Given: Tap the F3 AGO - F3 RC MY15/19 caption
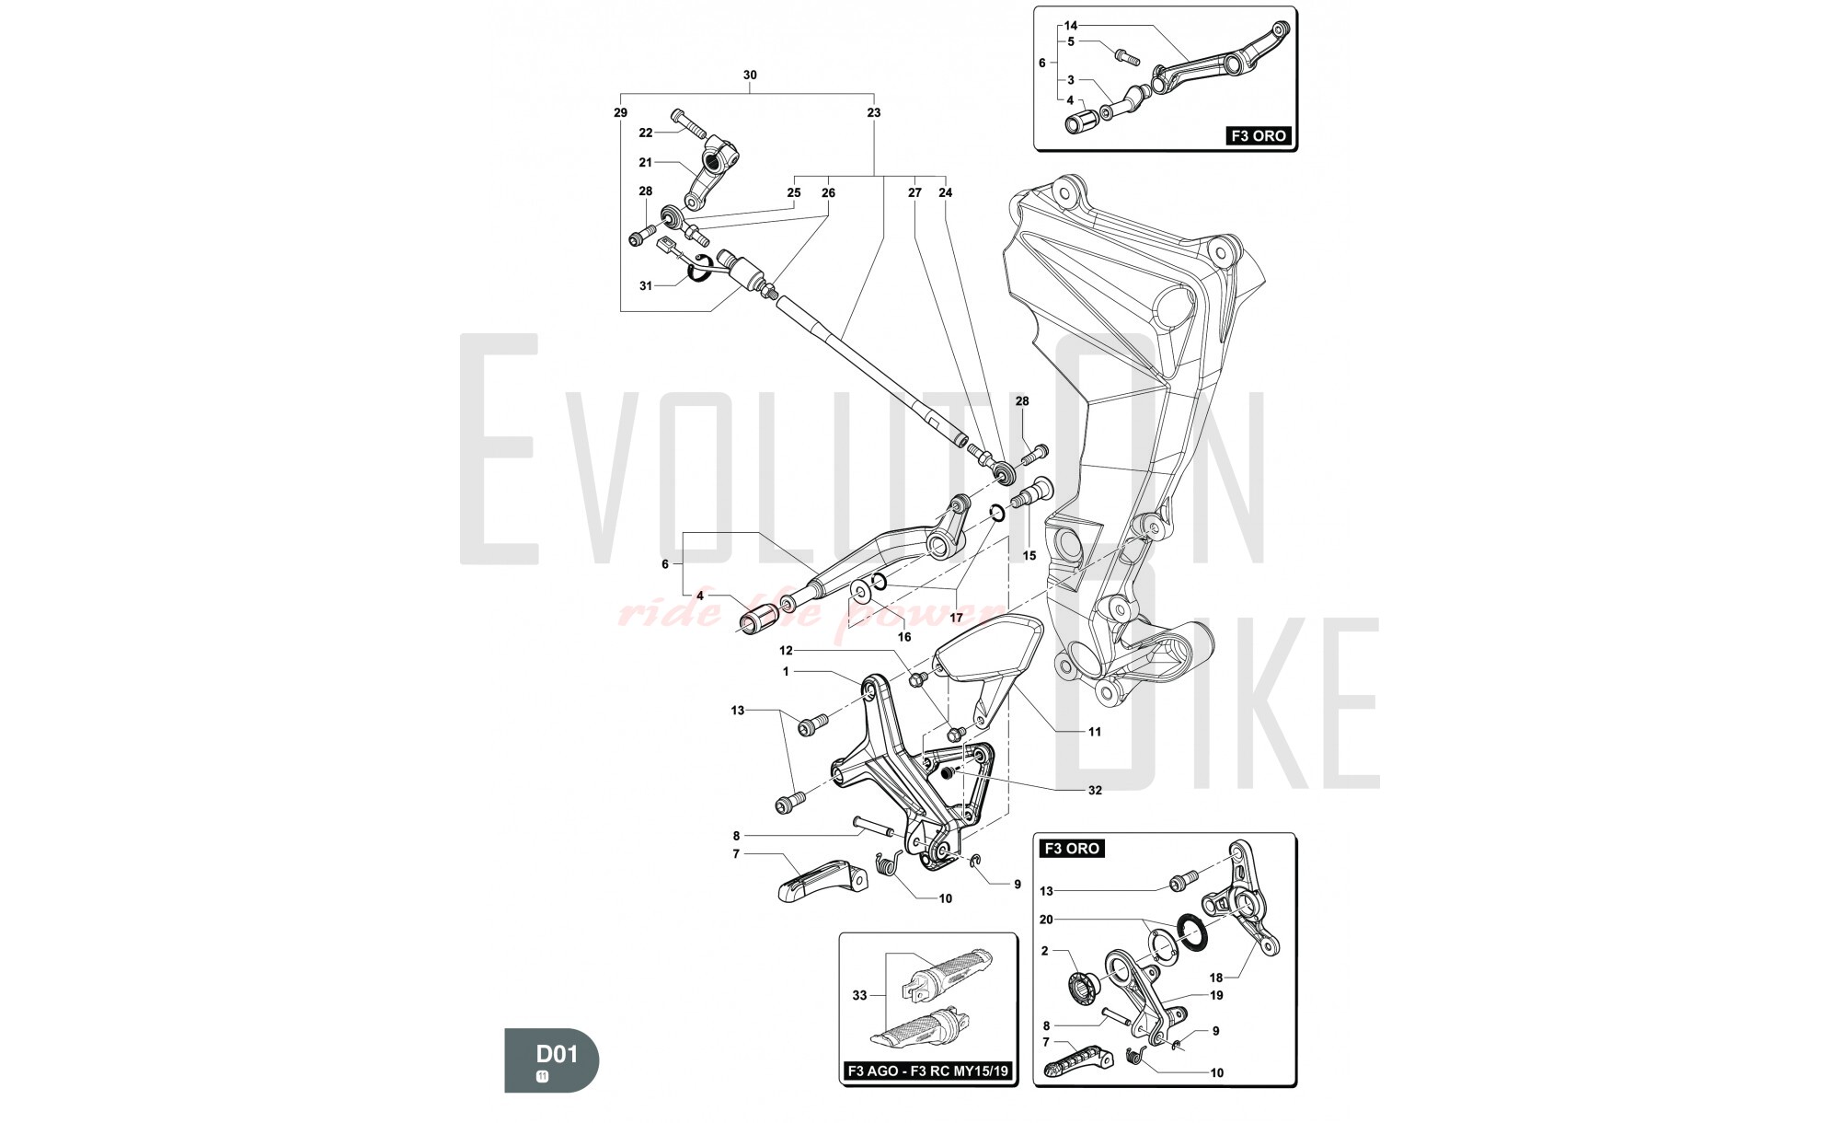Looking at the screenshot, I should coord(928,1071).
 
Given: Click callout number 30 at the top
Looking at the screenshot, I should coord(750,75).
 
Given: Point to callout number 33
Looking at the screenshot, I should coord(859,995).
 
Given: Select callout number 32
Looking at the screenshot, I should coord(1095,790).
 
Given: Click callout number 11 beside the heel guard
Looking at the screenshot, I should coord(1095,732).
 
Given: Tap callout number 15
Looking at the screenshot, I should coord(1029,555).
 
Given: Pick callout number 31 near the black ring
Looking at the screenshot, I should coord(646,285).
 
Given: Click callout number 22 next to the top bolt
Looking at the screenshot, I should coord(646,133).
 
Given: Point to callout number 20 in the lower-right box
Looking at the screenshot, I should coord(1046,919).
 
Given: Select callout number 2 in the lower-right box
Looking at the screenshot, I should coord(1044,951).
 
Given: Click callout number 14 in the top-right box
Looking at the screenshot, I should coord(1071,25).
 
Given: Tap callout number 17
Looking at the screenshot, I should coord(956,618).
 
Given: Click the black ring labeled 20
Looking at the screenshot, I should coord(1193,932).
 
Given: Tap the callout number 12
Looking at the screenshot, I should coord(786,651).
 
